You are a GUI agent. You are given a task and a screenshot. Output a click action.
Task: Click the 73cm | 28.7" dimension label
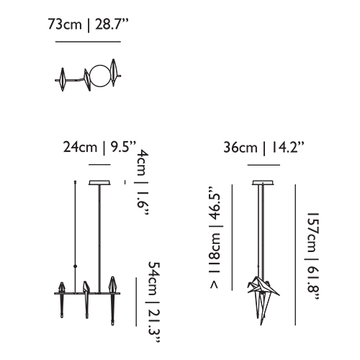(88, 24)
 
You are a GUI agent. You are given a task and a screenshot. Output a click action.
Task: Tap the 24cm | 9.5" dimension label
(99, 147)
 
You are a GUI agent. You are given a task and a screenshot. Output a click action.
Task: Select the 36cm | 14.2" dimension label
(264, 147)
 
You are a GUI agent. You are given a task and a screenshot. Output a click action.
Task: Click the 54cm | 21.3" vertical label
(153, 302)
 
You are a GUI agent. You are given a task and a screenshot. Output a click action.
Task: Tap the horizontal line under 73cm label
(88, 42)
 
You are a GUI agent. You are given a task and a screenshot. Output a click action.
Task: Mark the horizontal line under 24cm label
(99, 165)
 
